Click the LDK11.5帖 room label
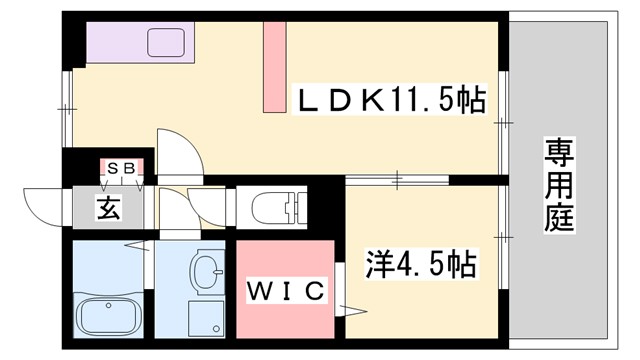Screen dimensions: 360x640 point(389,99)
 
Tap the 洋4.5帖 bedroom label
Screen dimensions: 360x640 point(419,266)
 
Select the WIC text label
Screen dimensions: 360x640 point(285,291)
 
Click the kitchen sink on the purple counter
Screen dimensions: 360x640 point(164,42)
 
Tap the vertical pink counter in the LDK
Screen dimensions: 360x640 point(274,67)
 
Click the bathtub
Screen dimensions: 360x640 point(106,319)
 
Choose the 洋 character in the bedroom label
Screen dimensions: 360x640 point(377,266)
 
